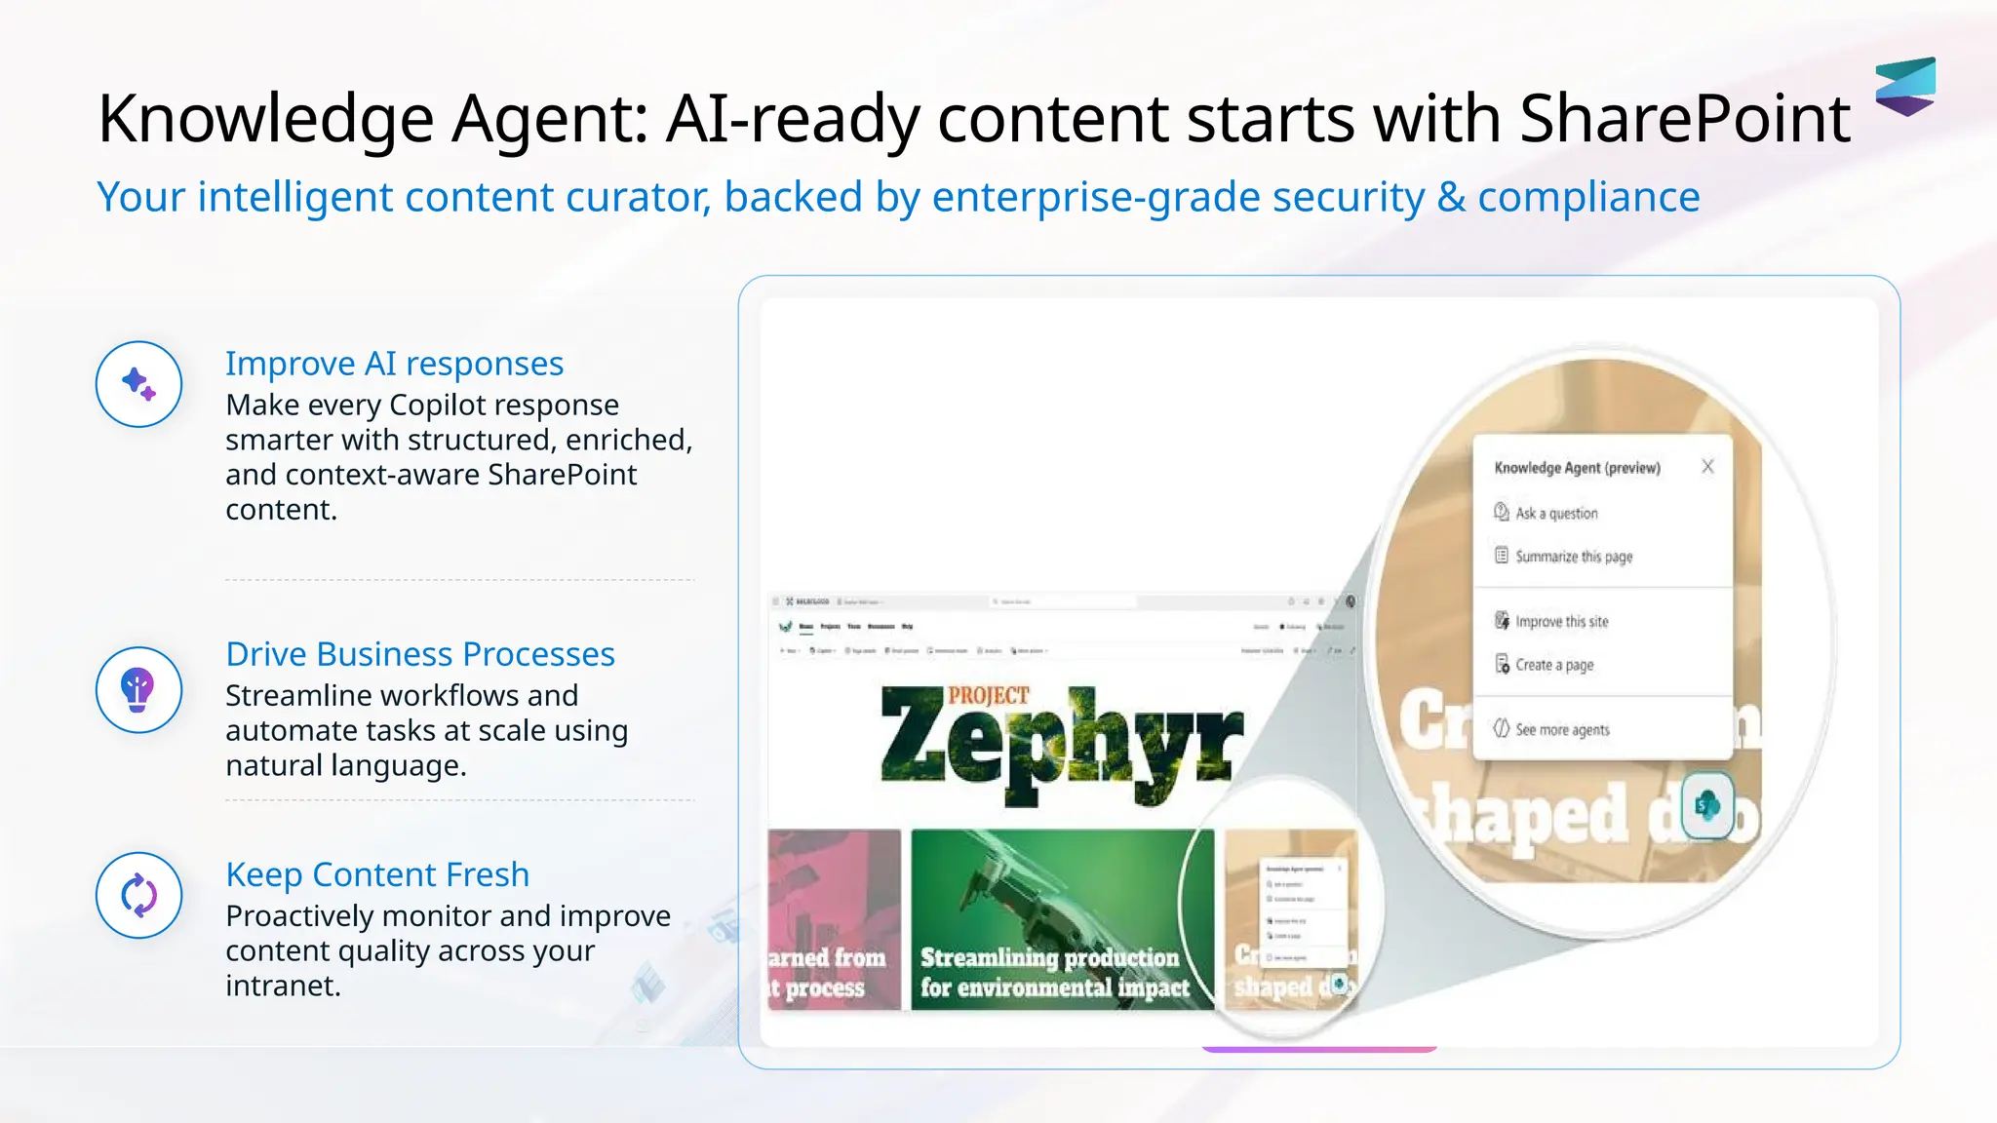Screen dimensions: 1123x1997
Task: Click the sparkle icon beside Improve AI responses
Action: click(138, 384)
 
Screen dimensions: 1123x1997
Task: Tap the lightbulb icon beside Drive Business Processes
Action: click(138, 689)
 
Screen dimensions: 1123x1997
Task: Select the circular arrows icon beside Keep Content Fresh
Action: click(138, 895)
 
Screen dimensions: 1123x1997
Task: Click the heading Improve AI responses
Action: click(394, 364)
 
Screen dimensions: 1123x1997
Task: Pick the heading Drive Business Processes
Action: click(419, 654)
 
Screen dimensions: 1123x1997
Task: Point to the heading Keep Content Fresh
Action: click(377, 874)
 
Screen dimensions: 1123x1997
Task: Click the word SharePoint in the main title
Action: click(1684, 119)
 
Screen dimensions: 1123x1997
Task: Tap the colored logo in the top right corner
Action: click(1904, 86)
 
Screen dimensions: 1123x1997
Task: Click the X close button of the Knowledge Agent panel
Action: click(1707, 467)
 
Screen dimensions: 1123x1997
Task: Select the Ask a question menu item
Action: click(1555, 514)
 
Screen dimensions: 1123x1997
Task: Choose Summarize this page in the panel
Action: click(1573, 557)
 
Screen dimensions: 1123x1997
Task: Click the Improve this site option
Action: click(1561, 622)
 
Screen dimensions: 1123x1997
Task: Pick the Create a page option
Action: click(1553, 665)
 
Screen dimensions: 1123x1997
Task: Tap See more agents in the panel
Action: click(1561, 730)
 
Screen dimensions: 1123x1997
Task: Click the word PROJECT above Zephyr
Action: click(988, 695)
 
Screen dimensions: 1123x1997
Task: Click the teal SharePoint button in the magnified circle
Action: click(1707, 805)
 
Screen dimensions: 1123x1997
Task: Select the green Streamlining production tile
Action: click(1062, 919)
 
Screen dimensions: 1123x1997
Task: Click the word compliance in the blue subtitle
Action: click(1588, 198)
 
